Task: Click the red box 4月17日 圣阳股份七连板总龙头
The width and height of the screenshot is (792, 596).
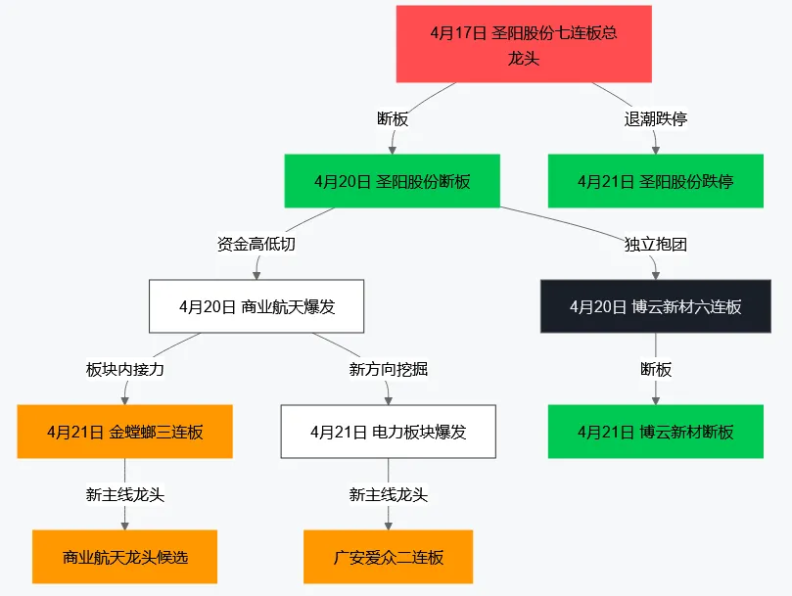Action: (524, 45)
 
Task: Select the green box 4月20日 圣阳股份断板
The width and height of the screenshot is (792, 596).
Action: (392, 181)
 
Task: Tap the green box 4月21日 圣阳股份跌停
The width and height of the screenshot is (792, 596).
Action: (655, 181)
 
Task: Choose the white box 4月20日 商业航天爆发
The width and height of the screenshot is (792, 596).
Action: (256, 306)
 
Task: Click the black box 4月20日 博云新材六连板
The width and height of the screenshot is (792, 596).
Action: (655, 306)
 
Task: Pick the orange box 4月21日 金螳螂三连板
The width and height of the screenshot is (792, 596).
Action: (124, 432)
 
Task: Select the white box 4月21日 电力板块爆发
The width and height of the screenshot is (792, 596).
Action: (388, 432)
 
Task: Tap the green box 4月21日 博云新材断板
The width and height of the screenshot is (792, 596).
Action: (655, 432)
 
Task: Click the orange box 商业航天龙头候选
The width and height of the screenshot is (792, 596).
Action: (124, 557)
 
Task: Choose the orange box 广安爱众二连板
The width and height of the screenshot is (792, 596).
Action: (388, 557)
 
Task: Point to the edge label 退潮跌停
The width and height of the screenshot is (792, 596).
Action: (655, 118)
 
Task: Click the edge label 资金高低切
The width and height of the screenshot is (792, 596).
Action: (256, 244)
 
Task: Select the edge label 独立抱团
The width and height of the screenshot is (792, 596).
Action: (655, 244)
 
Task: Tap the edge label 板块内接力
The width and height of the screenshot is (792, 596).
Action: (124, 369)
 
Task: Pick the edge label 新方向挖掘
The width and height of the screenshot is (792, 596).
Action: (388, 369)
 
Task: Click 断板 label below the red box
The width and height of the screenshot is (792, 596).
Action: (392, 118)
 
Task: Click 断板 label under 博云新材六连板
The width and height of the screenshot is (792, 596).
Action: (655, 369)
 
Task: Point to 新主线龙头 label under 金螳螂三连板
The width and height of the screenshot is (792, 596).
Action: (124, 494)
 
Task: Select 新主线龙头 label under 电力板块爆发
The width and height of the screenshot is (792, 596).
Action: (388, 494)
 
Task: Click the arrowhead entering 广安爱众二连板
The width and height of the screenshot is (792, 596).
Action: (388, 525)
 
